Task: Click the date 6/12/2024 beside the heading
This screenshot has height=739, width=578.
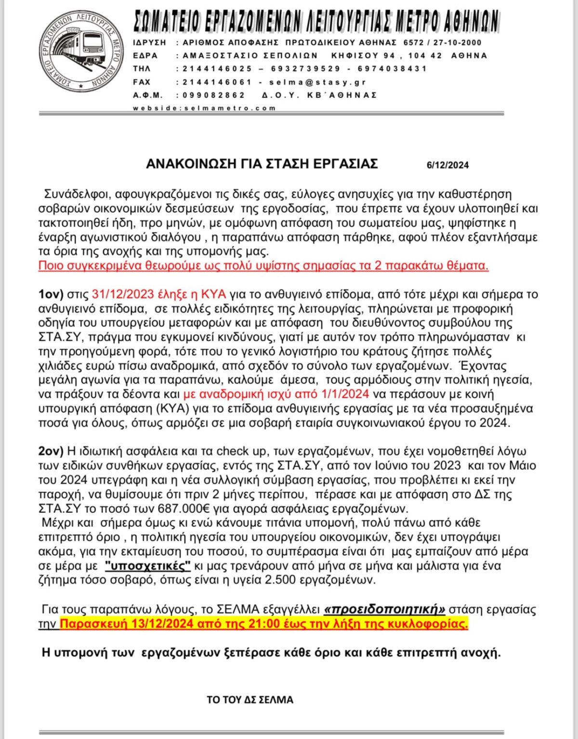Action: point(447,165)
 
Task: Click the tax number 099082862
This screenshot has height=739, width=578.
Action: point(214,95)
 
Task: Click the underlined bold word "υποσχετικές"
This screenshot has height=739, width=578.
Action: point(147,566)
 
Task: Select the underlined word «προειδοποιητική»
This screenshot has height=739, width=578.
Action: point(384,610)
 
